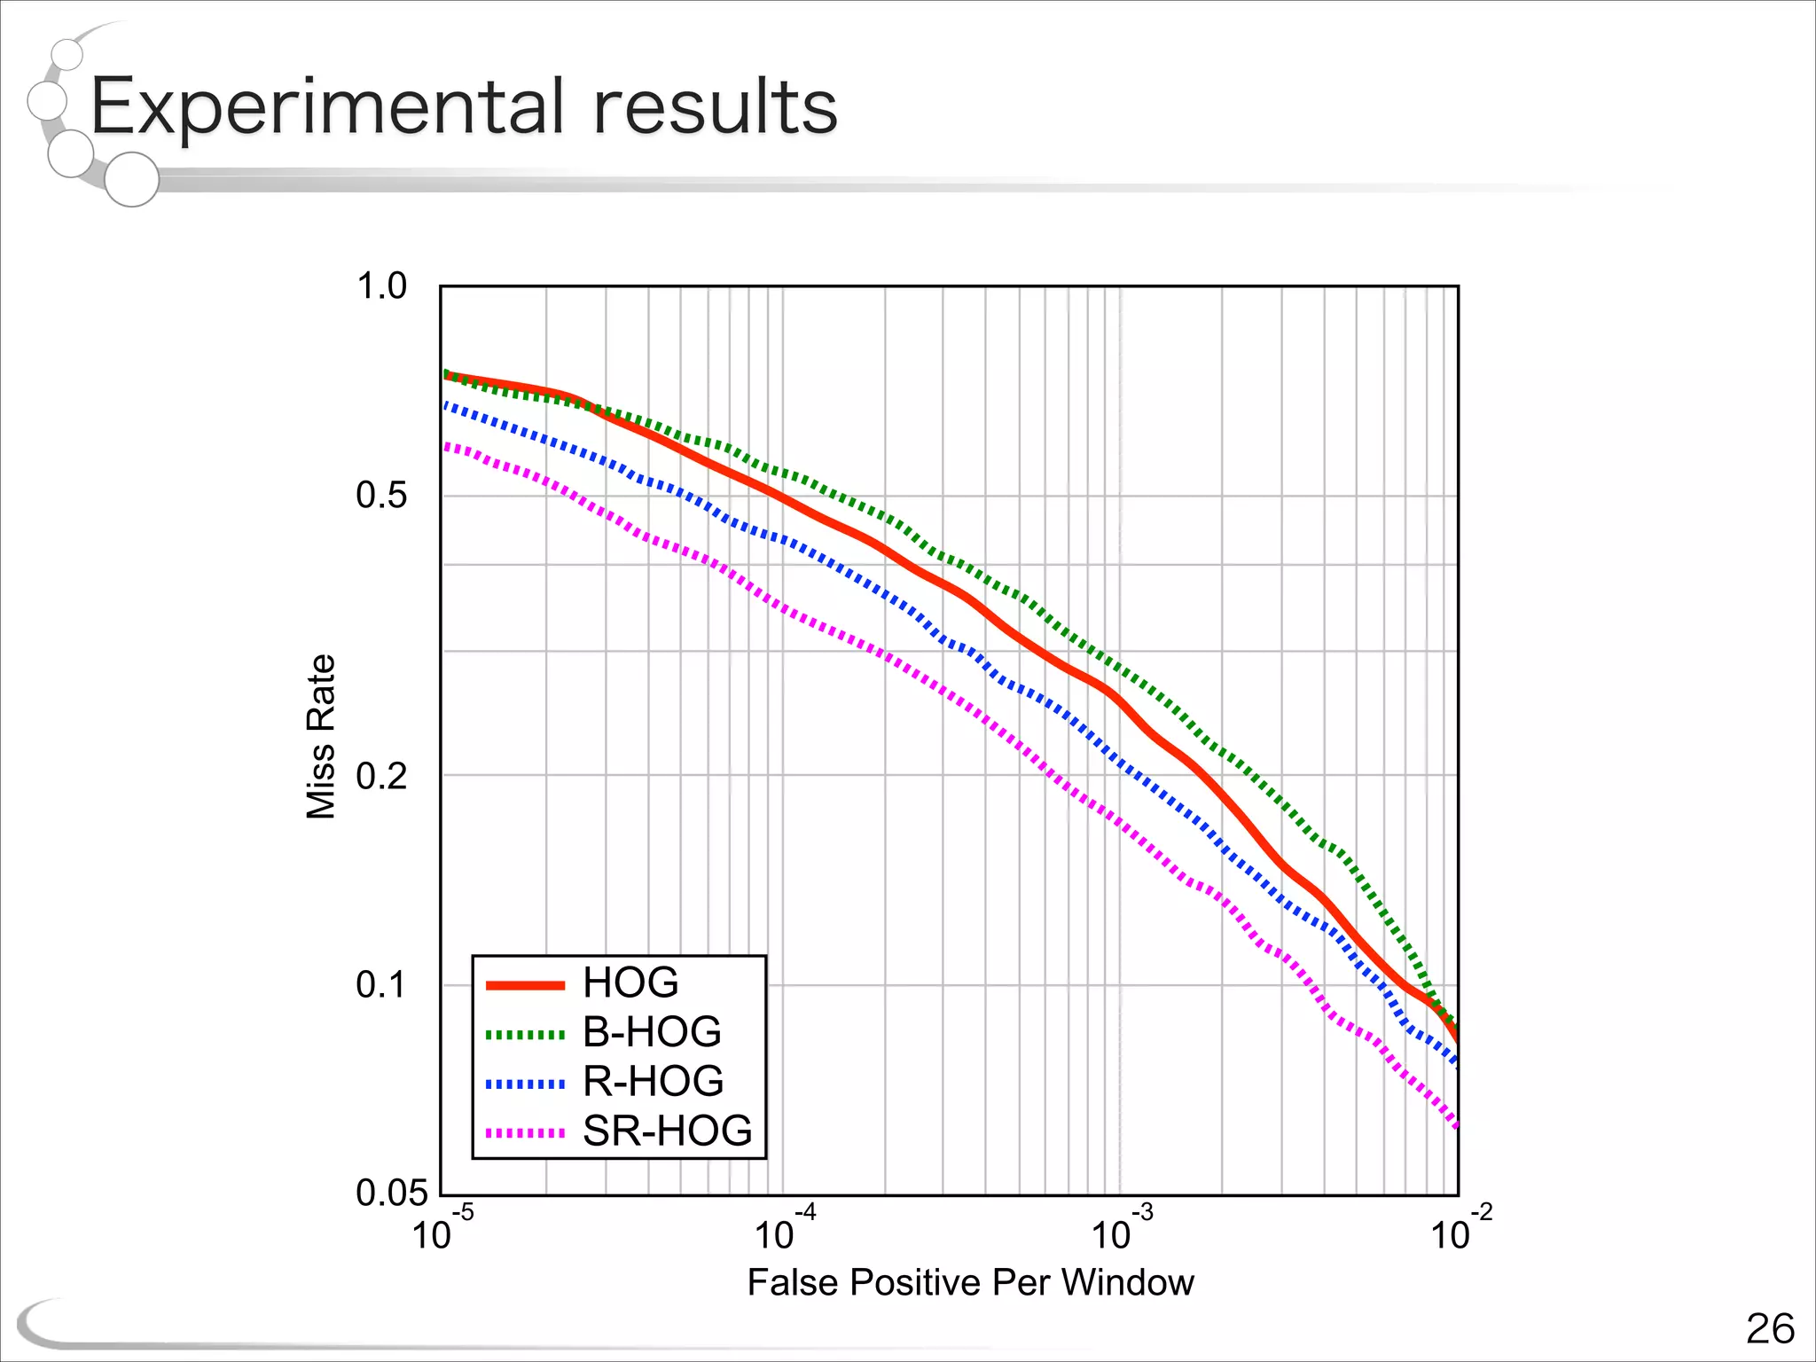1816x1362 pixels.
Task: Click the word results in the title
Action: (715, 106)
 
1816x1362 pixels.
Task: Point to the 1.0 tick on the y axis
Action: (381, 286)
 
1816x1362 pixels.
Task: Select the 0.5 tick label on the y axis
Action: (381, 495)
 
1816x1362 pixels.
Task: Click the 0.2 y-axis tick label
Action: (381, 777)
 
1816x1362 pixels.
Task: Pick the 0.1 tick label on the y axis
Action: (381, 985)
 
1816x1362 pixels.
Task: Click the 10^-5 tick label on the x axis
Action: (442, 1230)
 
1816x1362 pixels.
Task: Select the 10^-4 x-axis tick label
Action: (784, 1230)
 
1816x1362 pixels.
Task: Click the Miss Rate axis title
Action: (321, 737)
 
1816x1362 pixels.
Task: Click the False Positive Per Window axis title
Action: (970, 1283)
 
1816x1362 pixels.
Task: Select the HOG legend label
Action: (630, 982)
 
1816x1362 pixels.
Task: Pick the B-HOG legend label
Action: (652, 1032)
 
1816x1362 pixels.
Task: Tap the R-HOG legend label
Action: (653, 1082)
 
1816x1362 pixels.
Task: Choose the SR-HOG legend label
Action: (667, 1131)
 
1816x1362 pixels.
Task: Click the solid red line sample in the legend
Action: (525, 985)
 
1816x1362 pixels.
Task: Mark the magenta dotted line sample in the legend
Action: (525, 1133)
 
